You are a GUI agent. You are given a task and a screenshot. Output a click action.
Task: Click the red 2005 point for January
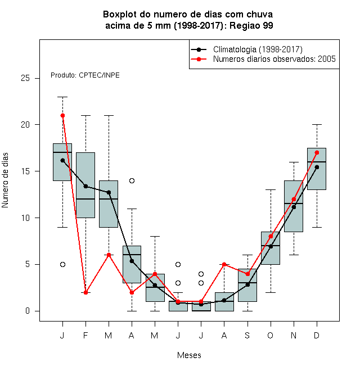(62, 115)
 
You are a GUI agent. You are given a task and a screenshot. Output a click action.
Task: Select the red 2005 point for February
(85, 292)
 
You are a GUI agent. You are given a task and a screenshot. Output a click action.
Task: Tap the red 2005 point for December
(317, 152)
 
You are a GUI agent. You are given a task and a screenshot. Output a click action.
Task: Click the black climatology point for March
(109, 192)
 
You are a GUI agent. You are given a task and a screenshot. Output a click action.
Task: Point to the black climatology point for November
(294, 207)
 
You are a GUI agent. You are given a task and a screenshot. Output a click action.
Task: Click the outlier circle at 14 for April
(132, 181)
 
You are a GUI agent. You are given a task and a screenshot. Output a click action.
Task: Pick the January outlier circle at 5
(62, 264)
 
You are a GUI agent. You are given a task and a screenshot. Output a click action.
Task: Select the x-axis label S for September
(247, 335)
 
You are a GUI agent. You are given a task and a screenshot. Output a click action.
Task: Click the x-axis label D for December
(317, 335)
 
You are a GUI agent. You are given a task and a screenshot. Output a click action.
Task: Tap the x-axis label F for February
(85, 335)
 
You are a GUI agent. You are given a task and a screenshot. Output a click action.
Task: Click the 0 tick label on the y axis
(28, 311)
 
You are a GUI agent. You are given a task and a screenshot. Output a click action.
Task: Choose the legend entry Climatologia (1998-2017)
(258, 49)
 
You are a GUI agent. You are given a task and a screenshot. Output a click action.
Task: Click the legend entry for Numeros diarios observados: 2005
(274, 59)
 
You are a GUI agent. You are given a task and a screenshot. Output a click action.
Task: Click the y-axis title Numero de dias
(5, 180)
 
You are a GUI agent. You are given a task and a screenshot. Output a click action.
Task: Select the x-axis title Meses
(189, 355)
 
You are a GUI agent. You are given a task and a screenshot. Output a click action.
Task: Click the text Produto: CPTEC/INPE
(85, 75)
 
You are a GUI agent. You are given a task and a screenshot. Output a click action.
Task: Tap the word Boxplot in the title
(120, 15)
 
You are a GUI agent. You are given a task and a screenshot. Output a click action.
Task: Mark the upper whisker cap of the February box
(85, 115)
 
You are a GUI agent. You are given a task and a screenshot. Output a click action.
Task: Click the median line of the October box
(271, 246)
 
